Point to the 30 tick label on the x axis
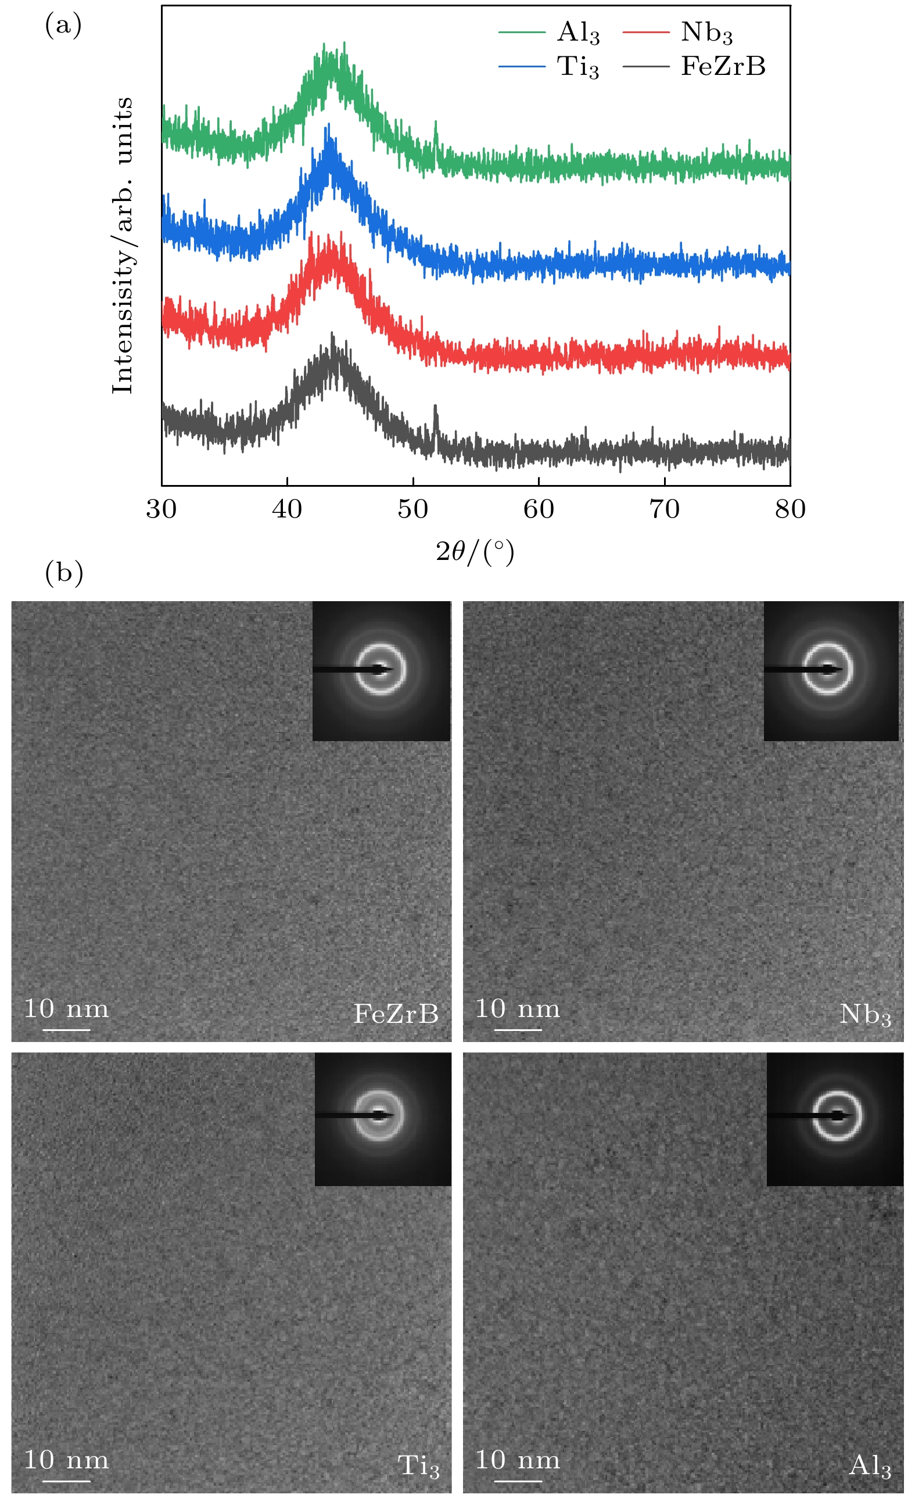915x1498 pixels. [161, 509]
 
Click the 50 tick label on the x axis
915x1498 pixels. [413, 509]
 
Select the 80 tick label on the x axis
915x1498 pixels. [790, 509]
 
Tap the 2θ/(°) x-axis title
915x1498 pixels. [475, 551]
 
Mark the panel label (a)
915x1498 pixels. [63, 26]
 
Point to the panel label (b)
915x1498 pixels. [64, 573]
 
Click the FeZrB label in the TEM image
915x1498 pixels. [396, 1014]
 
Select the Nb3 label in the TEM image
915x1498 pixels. [864, 1014]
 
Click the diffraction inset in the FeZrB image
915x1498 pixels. [381, 670]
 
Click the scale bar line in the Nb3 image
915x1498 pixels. [518, 1030]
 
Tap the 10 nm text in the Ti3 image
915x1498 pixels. [66, 1460]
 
